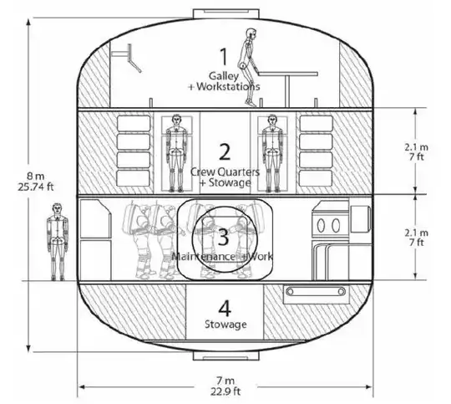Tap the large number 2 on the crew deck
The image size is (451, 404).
pos(224,151)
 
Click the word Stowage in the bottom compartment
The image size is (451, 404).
pos(223,323)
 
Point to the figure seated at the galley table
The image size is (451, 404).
pos(248,67)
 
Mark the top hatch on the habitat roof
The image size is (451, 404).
pos(223,13)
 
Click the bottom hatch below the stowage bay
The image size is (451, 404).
pos(223,355)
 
